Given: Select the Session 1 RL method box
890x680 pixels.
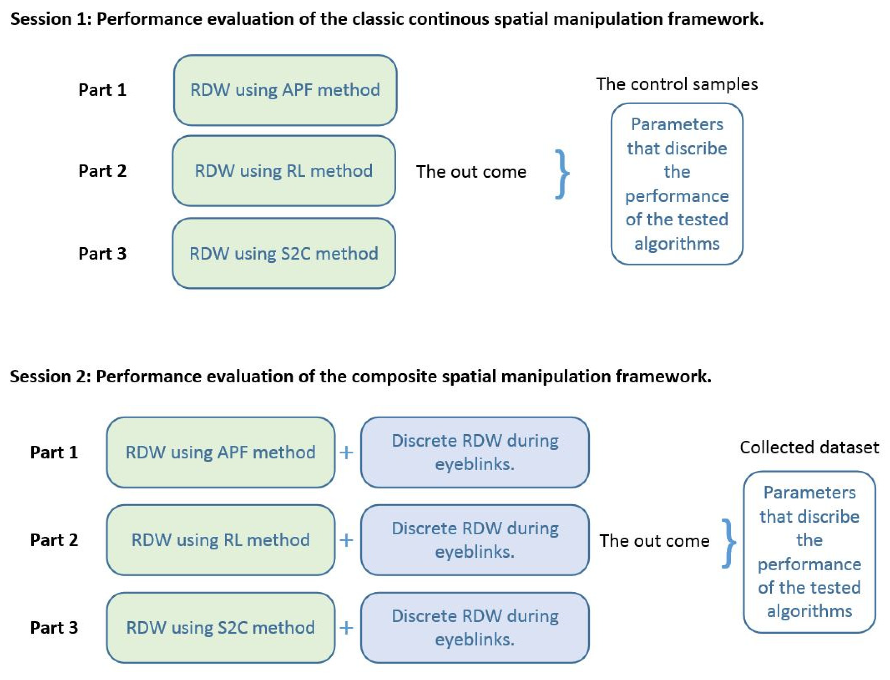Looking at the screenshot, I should (283, 171).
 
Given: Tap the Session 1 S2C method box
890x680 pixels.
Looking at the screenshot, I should (283, 253).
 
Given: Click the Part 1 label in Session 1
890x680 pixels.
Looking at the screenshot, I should (102, 90).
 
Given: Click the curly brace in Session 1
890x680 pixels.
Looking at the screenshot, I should (561, 174).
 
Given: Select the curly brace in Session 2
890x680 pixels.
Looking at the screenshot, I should (728, 543).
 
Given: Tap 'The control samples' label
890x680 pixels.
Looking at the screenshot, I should (676, 84).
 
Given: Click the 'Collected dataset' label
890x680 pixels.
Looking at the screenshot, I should (809, 447).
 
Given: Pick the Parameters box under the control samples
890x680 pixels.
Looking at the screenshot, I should (676, 184).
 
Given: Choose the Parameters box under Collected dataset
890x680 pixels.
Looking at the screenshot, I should (809, 552).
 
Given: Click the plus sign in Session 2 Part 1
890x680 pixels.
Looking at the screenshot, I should (346, 452).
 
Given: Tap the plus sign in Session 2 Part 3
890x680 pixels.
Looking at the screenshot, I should (346, 628).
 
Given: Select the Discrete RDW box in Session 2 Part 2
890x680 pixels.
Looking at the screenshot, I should (474, 540).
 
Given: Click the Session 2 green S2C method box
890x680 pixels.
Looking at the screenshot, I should (221, 628).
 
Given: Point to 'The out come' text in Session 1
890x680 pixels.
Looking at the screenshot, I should (471, 172).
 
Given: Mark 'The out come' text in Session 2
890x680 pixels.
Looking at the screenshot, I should (654, 541).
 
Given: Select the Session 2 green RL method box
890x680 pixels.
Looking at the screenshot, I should (221, 540).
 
